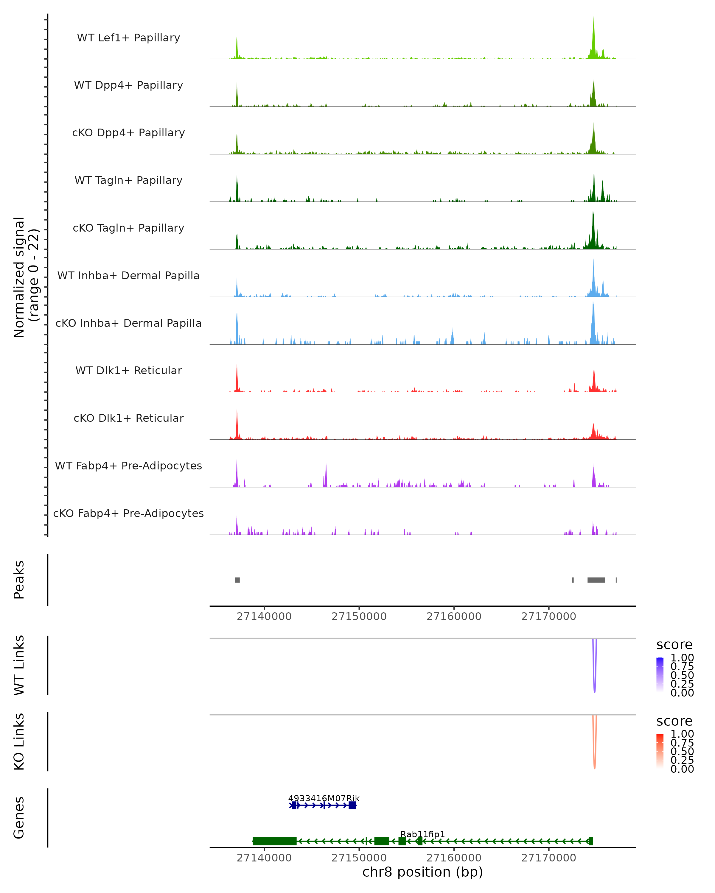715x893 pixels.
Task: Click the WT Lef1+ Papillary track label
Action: (128, 38)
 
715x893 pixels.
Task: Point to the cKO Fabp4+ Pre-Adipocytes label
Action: (128, 513)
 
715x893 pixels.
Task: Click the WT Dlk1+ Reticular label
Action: (128, 370)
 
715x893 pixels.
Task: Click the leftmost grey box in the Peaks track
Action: (237, 580)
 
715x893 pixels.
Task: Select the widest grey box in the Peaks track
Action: (596, 580)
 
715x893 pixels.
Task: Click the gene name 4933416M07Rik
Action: (324, 798)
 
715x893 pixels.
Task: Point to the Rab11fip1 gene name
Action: (422, 834)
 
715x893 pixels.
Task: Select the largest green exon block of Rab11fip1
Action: (274, 841)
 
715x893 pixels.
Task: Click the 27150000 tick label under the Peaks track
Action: (359, 616)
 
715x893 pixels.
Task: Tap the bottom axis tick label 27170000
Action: (548, 858)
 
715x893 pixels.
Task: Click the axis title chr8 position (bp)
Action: (422, 872)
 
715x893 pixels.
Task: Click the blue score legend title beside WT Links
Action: (674, 645)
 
